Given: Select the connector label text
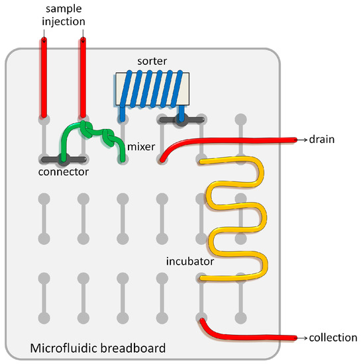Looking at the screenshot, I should point(64,171).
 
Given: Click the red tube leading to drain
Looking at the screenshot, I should point(232,140).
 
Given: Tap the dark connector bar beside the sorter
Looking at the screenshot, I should point(180,120).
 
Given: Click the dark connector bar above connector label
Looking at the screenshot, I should point(63,159).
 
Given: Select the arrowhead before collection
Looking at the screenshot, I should point(305,338).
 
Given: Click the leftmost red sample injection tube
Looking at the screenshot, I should point(44,76).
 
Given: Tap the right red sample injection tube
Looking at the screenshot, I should point(83,76).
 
